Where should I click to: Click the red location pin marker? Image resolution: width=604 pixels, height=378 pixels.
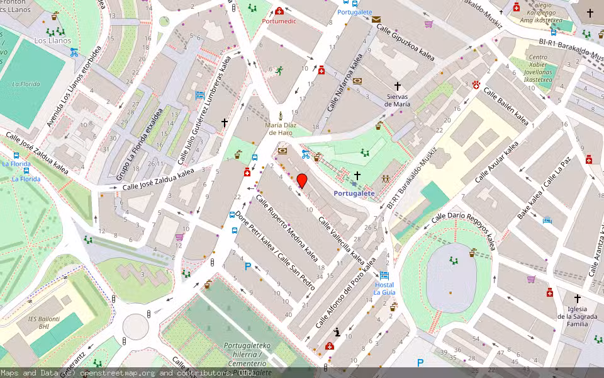302,181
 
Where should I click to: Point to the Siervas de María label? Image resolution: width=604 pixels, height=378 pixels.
398,100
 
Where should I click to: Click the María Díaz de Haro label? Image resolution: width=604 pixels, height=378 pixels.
281,129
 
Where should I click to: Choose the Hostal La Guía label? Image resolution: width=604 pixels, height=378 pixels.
384,289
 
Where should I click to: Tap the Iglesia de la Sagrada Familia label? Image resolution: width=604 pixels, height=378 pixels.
577,316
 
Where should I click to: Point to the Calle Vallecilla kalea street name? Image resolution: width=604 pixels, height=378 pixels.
341,240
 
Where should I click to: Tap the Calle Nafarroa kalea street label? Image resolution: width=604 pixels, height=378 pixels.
345,84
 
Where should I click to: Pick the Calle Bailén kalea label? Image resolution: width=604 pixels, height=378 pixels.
506,106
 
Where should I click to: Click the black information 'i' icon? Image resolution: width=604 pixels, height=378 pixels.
337,332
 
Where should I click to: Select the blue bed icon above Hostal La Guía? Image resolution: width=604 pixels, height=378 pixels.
384,276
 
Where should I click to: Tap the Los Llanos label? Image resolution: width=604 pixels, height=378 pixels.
49,40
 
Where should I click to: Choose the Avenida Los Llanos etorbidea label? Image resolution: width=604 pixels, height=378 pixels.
74,86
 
